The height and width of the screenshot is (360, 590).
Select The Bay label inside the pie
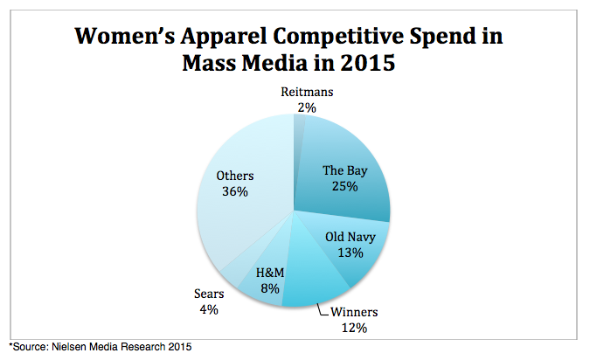coord(342,170)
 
